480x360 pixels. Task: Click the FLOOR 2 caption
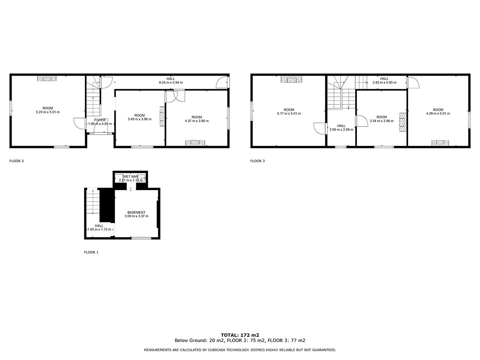click(16, 161)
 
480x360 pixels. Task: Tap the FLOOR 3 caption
click(257, 161)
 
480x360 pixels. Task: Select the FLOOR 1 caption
click(91, 252)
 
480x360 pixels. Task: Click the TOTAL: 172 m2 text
click(240, 335)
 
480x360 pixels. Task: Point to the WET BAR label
click(131, 177)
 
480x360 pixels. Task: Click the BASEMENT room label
click(136, 212)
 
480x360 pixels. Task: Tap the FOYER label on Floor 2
click(100, 120)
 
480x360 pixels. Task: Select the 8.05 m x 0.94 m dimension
click(171, 83)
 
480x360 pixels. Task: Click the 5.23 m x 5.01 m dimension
click(48, 112)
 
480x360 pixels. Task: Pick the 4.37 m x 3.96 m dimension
click(196, 121)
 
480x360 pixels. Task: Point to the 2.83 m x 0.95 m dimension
click(384, 83)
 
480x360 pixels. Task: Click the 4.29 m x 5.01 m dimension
click(438, 114)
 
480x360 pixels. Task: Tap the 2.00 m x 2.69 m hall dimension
click(341, 130)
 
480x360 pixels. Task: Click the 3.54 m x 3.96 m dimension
click(382, 121)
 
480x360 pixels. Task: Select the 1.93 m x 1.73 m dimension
click(99, 230)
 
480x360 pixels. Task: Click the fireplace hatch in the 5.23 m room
click(47, 78)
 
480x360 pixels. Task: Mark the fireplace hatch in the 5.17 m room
click(291, 79)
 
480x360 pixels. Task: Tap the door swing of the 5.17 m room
click(320, 128)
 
